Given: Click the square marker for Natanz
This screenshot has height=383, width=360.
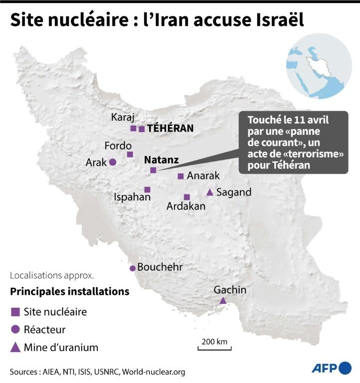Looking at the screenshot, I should [153, 170].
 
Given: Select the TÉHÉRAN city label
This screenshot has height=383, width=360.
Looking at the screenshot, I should [170, 128].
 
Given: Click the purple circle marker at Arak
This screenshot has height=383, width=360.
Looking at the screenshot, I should [113, 162].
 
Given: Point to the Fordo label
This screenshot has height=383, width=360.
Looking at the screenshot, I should [118, 146].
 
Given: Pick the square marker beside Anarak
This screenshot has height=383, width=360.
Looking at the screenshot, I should [180, 176].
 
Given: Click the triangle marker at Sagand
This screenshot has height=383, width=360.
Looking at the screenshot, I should [210, 192].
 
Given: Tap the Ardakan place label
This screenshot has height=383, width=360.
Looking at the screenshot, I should [186, 206].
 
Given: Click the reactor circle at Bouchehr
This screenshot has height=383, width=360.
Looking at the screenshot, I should [133, 268].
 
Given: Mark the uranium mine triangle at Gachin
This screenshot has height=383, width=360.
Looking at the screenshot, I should [223, 300].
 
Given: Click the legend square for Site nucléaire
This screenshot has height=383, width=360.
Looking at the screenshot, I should [15, 312].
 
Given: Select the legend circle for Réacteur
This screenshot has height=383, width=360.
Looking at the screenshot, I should [15, 330].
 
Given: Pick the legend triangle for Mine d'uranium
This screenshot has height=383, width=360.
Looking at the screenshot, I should [15, 347].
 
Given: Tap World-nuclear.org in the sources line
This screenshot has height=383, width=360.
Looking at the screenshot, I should [154, 372].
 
